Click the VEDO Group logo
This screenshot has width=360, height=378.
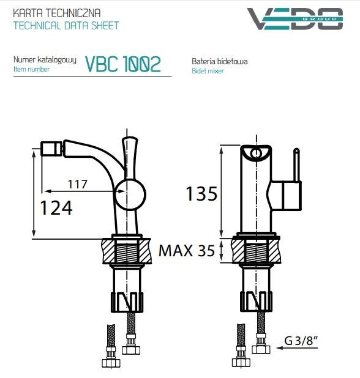294,18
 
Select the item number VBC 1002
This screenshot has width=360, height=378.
123,64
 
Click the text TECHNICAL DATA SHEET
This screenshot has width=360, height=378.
66,26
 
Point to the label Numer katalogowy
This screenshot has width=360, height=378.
45,60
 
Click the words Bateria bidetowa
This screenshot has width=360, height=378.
219,62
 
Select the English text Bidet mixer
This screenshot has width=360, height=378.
208,71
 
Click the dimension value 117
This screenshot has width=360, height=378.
77,183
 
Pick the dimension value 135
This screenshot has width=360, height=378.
201,194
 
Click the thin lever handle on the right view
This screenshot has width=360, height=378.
295,165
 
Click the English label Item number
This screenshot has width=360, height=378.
31,70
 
